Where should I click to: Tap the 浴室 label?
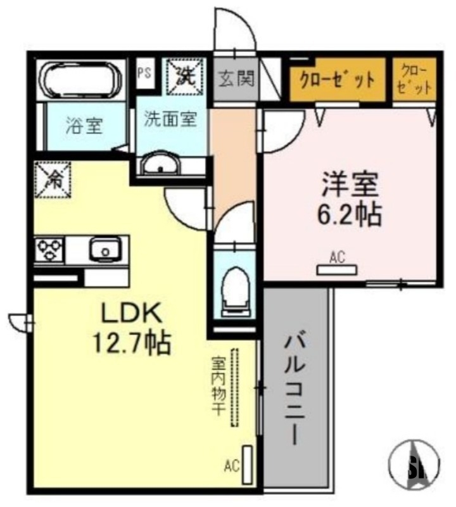click(x=84, y=125)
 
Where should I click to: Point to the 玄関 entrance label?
click(x=237, y=79)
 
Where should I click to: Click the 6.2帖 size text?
click(x=350, y=215)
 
